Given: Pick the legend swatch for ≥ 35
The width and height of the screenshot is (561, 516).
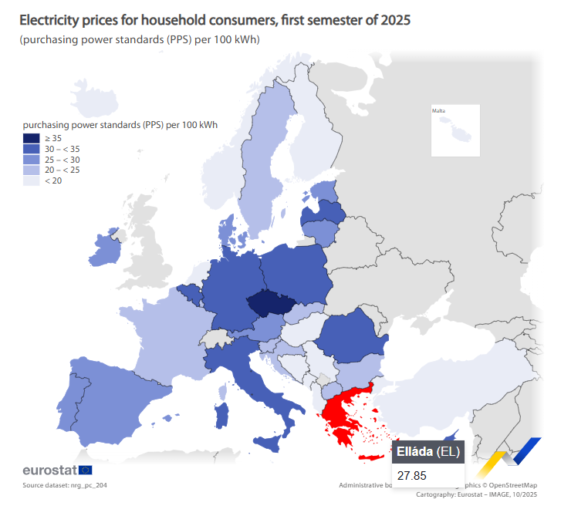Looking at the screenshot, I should coord(31,137).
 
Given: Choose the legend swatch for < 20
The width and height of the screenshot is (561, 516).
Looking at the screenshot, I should coord(31,180).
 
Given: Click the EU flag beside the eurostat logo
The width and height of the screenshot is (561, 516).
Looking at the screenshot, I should coord(85,470).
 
